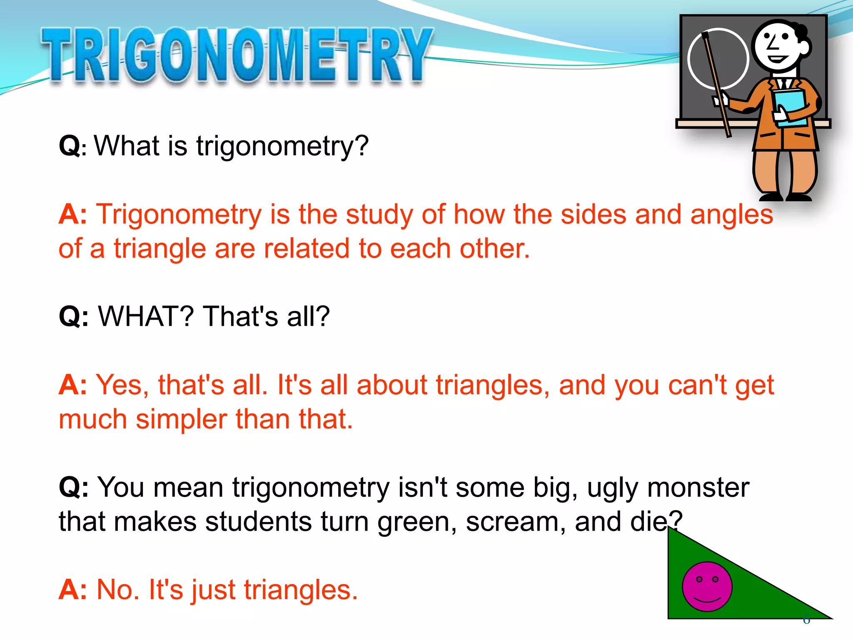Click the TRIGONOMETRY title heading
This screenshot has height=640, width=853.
[x=237, y=55]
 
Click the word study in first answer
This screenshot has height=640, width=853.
[x=380, y=215]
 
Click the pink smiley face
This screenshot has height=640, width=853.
[x=707, y=586]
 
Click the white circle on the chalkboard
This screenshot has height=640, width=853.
[x=718, y=58]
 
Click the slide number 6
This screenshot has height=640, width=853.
[x=806, y=620]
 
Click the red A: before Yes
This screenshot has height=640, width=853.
[x=72, y=385]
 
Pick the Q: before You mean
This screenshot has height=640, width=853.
[x=73, y=487]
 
